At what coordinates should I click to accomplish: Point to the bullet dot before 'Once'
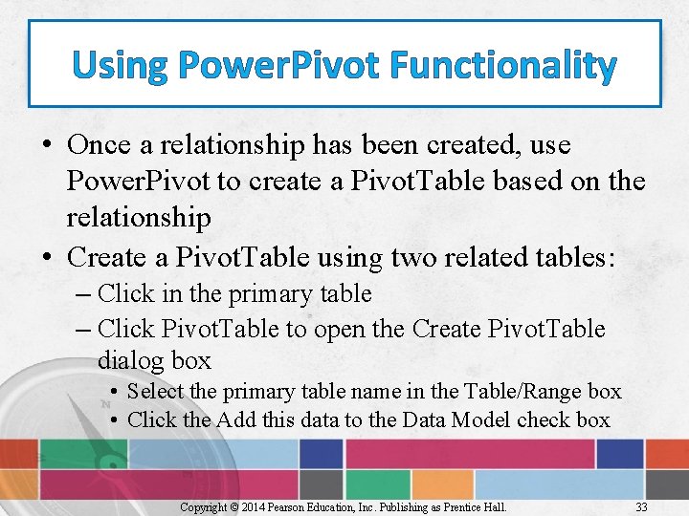click(x=48, y=146)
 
